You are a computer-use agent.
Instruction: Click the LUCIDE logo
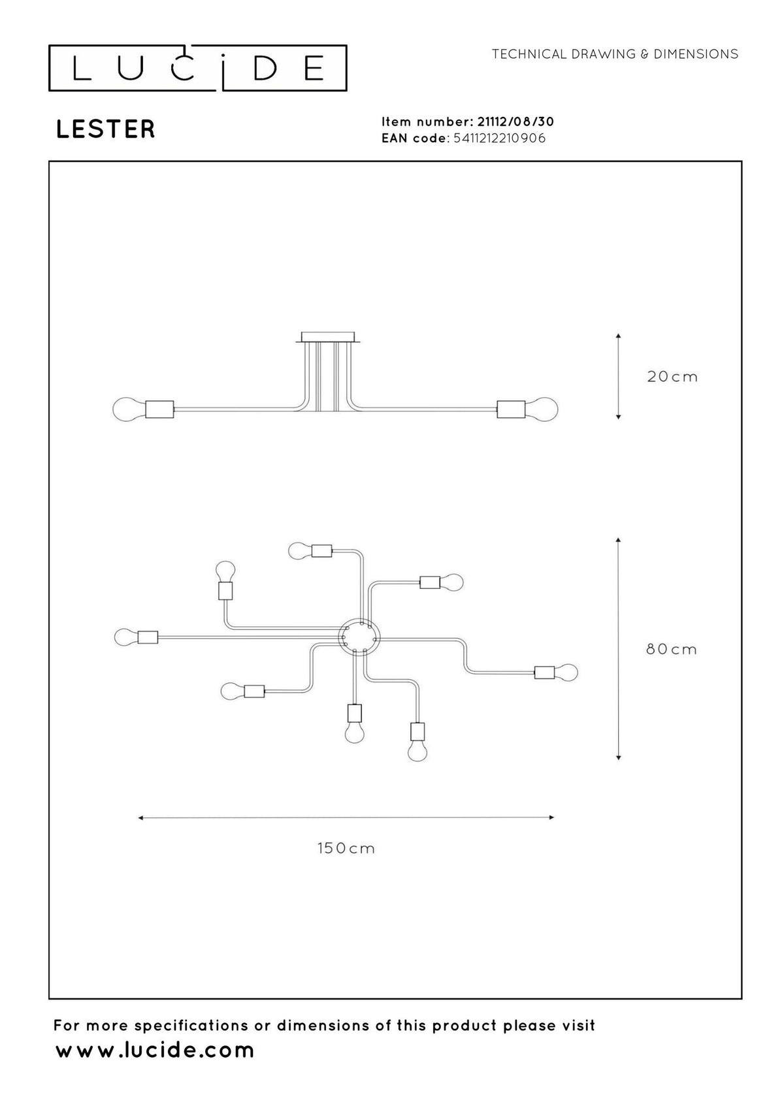(197, 69)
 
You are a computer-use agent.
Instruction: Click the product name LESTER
(105, 129)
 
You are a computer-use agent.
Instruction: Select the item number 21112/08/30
(515, 121)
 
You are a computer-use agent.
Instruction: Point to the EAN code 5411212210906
(499, 138)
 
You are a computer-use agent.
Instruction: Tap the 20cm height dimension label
(672, 377)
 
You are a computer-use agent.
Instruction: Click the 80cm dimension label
(671, 649)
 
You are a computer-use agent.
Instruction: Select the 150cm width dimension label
(346, 848)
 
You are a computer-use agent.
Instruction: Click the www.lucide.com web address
(155, 1050)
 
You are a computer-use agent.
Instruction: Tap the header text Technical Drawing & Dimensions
(615, 54)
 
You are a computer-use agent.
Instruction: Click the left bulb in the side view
(129, 409)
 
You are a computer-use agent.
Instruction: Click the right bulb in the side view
(542, 409)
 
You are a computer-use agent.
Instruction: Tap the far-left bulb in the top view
(125, 637)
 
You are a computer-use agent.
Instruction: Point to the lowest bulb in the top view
(417, 750)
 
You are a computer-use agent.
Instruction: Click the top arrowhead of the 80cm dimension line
(618, 541)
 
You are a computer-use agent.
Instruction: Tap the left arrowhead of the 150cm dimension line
(141, 817)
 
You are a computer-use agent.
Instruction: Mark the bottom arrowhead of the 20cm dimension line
(618, 417)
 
